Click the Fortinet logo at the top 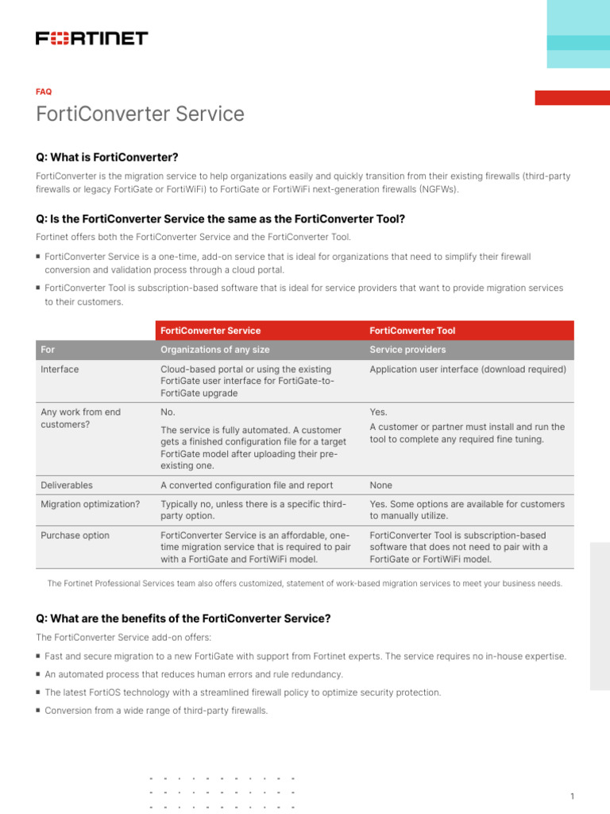tap(91, 38)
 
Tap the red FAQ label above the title tap(44, 91)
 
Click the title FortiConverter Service tap(140, 114)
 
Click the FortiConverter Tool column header tap(412, 331)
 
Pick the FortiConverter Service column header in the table tap(210, 331)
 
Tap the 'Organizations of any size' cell tap(214, 350)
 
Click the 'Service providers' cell tap(407, 350)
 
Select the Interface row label tap(60, 370)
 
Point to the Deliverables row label tap(66, 485)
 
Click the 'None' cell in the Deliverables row tap(380, 485)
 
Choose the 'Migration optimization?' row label tap(90, 504)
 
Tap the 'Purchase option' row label tap(75, 536)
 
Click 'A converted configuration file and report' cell tap(246, 485)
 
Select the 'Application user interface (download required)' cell tap(468, 370)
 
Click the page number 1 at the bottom tap(572, 774)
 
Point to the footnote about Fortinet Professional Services tap(305, 583)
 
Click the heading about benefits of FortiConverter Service tap(183, 618)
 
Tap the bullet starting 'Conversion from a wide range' tap(156, 711)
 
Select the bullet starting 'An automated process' tap(194, 674)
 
